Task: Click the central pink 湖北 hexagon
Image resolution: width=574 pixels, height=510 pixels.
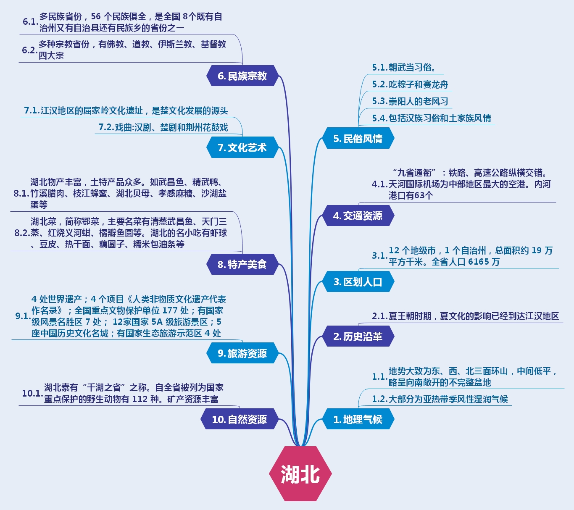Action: click(x=300, y=473)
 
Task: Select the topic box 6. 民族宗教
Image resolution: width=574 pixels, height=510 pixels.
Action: click(x=242, y=76)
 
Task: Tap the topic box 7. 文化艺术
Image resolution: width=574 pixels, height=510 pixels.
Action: click(x=242, y=147)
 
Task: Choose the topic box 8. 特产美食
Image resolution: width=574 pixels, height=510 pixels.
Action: click(x=242, y=264)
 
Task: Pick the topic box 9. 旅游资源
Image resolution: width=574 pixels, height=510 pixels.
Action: click(x=242, y=353)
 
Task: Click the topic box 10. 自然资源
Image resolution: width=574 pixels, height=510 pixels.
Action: click(x=239, y=419)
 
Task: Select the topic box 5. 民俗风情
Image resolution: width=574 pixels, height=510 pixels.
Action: click(x=358, y=139)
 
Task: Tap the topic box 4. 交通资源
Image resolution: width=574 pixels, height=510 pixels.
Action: click(x=358, y=216)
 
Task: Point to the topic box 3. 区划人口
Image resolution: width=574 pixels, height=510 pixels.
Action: click(x=358, y=282)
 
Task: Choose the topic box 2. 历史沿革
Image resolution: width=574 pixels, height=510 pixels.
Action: click(x=358, y=336)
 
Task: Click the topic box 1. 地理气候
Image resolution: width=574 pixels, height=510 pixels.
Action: click(x=358, y=419)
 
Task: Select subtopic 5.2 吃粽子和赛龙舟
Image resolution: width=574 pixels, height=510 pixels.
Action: click(x=410, y=84)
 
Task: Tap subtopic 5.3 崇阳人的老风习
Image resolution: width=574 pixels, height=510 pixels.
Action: click(x=410, y=101)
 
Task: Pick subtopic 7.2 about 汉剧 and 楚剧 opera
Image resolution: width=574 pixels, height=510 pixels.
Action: click(x=163, y=127)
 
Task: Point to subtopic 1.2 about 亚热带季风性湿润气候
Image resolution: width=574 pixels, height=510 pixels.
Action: click(x=440, y=399)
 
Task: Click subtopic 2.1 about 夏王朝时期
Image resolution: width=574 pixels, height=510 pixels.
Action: click(x=465, y=316)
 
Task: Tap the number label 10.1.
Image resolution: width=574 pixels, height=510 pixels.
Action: click(x=32, y=393)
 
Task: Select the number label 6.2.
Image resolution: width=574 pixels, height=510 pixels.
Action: click(x=29, y=50)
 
